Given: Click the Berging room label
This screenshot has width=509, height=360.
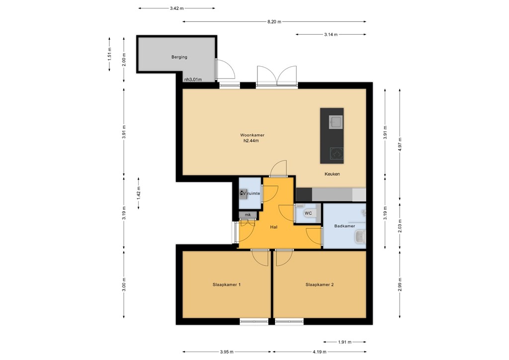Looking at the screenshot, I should pos(179,57).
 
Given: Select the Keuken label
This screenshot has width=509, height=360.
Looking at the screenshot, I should pos(332,174).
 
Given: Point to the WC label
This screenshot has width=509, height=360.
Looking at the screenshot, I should pos(308,213).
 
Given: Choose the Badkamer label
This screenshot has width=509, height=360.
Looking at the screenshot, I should pos(344,226).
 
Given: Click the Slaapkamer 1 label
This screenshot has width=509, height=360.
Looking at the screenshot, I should pos(227,285).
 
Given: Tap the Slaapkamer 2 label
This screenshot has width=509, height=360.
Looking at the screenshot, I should pos(319,285).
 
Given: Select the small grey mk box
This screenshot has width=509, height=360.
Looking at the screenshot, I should pos(248,215).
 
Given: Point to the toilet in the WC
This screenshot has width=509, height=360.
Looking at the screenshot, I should pos(302,212).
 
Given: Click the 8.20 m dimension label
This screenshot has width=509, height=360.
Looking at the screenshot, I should pos(274,21).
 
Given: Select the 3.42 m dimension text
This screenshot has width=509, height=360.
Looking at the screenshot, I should pos(176,8).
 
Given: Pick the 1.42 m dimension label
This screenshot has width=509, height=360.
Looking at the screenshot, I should pos(139,193).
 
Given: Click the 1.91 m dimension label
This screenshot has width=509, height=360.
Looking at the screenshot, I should pos(344,342).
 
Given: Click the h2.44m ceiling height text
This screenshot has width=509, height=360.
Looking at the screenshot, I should pos(251,141).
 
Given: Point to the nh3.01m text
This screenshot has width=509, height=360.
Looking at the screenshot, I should pos(192,79).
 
